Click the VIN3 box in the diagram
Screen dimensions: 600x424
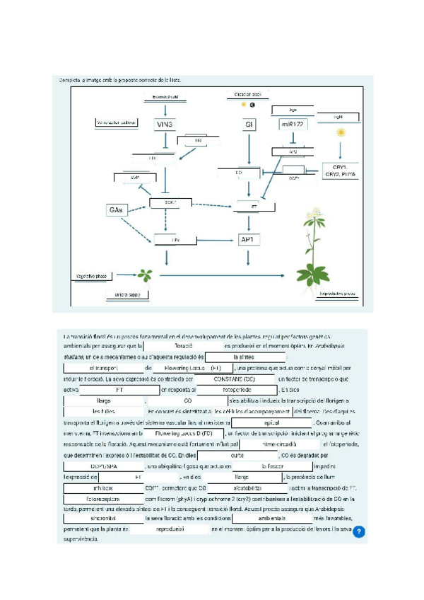[x=165, y=125]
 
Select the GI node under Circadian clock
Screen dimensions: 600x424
[x=248, y=125]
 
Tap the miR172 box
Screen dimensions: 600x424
[x=292, y=125]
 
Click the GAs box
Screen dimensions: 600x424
[x=115, y=210]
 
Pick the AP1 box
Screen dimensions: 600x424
[x=248, y=240]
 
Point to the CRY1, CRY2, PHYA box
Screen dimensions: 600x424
[x=340, y=171]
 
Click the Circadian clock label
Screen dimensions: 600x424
[x=244, y=94]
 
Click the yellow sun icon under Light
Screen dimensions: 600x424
[x=342, y=132]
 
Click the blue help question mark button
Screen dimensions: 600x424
[x=359, y=531]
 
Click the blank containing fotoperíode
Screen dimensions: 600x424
[x=231, y=389]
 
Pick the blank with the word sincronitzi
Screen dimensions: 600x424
[x=102, y=518]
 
